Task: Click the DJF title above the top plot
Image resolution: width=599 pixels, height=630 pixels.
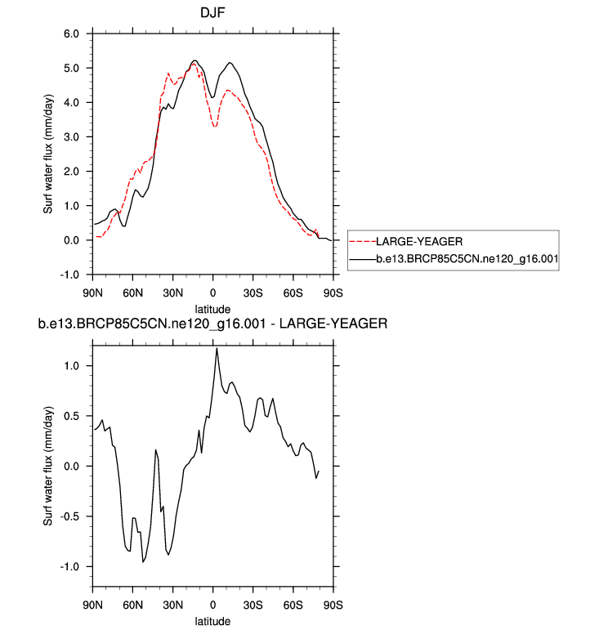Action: [212, 13]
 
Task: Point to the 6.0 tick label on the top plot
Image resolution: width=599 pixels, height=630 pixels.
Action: [70, 34]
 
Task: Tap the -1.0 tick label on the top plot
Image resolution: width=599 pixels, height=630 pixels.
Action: [69, 275]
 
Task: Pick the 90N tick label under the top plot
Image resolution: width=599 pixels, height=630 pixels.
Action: [92, 292]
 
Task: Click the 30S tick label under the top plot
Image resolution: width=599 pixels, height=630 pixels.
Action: [253, 292]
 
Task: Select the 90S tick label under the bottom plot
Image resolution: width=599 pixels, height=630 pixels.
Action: [333, 605]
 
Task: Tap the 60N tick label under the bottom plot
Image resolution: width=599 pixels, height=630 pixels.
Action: [132, 605]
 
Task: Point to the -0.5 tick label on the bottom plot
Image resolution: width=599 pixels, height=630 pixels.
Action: [69, 516]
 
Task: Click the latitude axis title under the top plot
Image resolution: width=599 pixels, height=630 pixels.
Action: [212, 309]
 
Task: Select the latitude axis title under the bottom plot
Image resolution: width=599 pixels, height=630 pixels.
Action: [212, 622]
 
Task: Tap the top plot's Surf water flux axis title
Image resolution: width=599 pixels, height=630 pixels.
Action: [48, 154]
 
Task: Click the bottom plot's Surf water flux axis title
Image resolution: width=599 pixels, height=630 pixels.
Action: [48, 466]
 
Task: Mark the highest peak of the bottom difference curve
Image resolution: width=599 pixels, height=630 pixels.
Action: [217, 349]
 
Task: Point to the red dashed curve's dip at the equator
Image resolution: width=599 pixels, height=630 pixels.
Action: [214, 126]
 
